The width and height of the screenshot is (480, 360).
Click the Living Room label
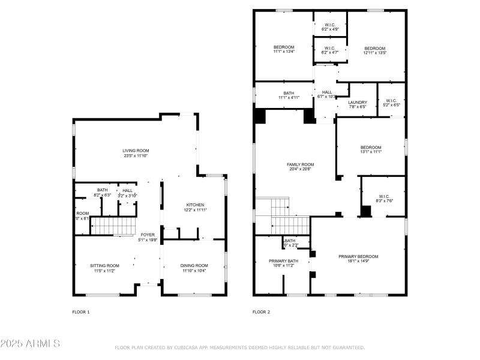pyautogui.click(x=136, y=153)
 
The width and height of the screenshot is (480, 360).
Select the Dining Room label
pyautogui.click(x=194, y=268)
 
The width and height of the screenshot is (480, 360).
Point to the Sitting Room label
pyautogui.click(x=104, y=268)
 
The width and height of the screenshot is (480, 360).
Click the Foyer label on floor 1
pyautogui.click(x=148, y=237)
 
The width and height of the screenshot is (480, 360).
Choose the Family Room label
pyautogui.click(x=300, y=167)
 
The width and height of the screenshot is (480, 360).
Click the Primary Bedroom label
pyautogui.click(x=358, y=259)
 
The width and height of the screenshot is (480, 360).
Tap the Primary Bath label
pyautogui.click(x=283, y=263)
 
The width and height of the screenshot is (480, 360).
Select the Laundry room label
pyautogui.click(x=358, y=104)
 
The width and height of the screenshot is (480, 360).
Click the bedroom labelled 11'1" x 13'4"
pyautogui.click(x=284, y=49)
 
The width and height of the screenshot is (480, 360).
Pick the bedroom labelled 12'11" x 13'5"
pyautogui.click(x=374, y=50)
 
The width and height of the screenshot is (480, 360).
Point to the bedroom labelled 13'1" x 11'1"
pyautogui.click(x=370, y=149)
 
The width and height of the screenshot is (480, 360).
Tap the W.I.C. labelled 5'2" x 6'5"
pyautogui.click(x=391, y=103)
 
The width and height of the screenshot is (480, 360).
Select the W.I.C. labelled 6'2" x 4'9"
pyautogui.click(x=330, y=26)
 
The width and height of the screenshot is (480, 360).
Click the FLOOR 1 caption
pyautogui.click(x=80, y=312)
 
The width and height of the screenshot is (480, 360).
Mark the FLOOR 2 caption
pyautogui.click(x=261, y=312)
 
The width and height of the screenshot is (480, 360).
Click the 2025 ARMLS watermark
pyautogui.click(x=30, y=344)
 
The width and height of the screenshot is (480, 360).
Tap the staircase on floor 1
pyautogui.click(x=113, y=226)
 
